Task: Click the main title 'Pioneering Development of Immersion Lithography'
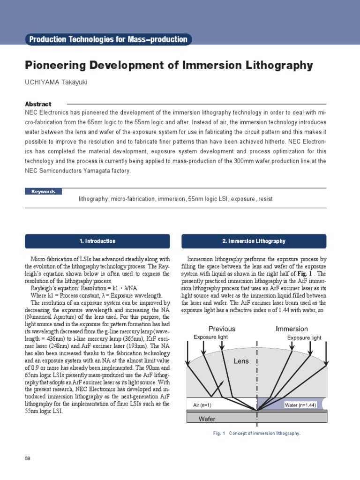[168, 65]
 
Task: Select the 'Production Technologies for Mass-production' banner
[108, 39]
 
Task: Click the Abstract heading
[38, 104]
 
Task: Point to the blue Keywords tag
[44, 191]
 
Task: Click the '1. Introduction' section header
[97, 241]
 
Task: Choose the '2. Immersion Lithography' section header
[254, 241]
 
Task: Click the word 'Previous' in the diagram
[222, 329]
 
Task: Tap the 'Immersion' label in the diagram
[292, 329]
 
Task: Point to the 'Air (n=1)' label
[203, 405]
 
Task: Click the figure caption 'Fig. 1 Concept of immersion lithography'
[256, 434]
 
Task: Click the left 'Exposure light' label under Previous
[211, 337]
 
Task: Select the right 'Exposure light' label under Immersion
[304, 337]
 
